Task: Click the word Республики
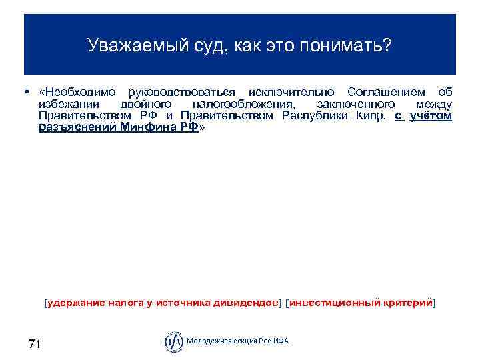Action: pyautogui.click(x=313, y=116)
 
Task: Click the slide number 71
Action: pyautogui.click(x=35, y=344)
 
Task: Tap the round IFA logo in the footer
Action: pyautogui.click(x=173, y=341)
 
